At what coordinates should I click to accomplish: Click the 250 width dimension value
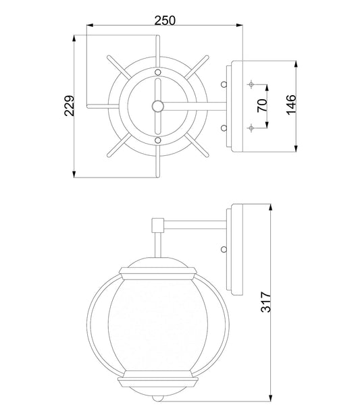[165, 20]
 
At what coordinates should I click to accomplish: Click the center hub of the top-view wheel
[157, 105]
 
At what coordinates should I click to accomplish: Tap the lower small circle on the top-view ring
[157, 140]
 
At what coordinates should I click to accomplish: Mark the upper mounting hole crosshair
[251, 84]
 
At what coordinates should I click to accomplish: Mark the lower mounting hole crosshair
[251, 126]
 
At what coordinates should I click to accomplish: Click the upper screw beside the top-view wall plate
[224, 84]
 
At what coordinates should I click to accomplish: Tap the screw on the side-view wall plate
[223, 248]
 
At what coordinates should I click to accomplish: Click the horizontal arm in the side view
[196, 223]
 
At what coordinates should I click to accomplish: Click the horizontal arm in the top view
[196, 105]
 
